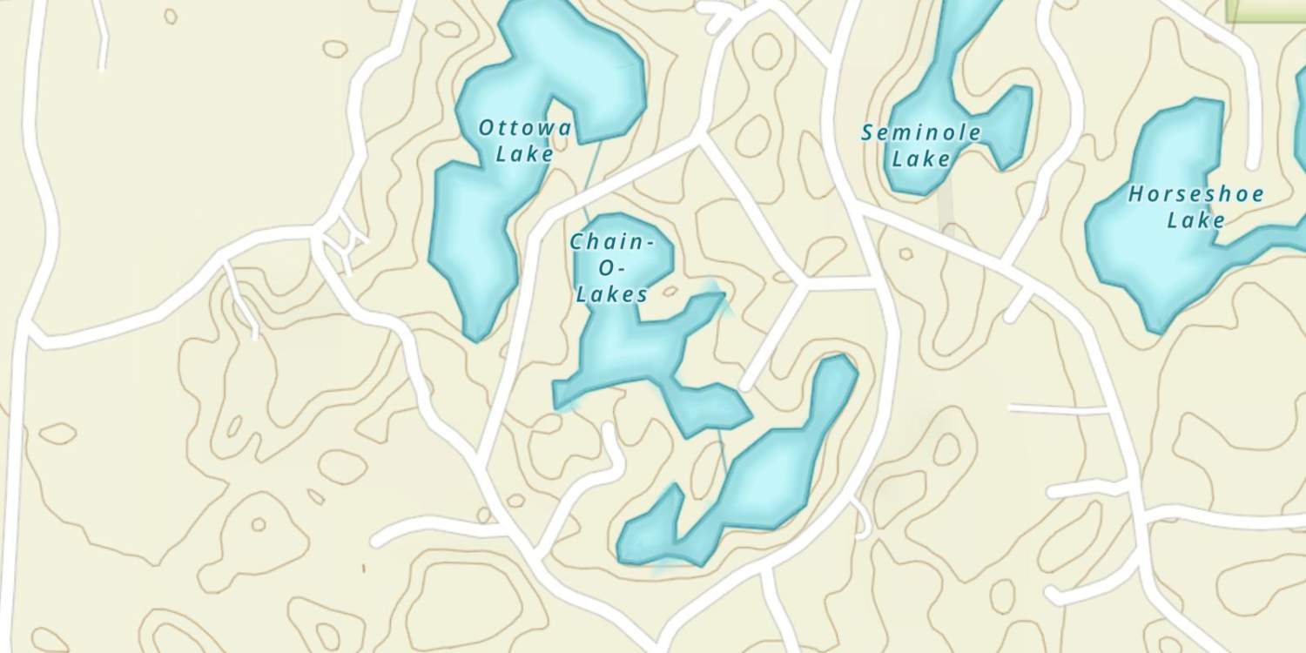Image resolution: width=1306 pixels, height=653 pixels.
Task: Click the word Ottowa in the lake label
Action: click(525, 129)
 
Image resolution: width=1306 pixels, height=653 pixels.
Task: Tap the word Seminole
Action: click(921, 133)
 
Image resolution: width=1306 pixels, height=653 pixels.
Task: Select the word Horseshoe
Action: click(1195, 194)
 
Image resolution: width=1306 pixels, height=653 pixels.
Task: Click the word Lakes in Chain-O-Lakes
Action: click(612, 295)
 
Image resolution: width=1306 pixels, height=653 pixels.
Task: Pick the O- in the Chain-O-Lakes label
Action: click(610, 269)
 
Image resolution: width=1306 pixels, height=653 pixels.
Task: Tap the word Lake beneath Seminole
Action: click(920, 159)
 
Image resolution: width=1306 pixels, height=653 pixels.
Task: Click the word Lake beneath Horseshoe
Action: click(1195, 220)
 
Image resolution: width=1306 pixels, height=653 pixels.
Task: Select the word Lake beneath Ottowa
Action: click(524, 154)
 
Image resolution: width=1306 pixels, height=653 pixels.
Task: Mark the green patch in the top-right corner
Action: click(1267, 9)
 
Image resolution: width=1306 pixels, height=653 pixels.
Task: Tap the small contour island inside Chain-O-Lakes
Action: click(670, 291)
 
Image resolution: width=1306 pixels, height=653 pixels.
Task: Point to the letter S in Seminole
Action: click(868, 134)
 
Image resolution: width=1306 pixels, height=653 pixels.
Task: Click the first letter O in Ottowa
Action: click(486, 128)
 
